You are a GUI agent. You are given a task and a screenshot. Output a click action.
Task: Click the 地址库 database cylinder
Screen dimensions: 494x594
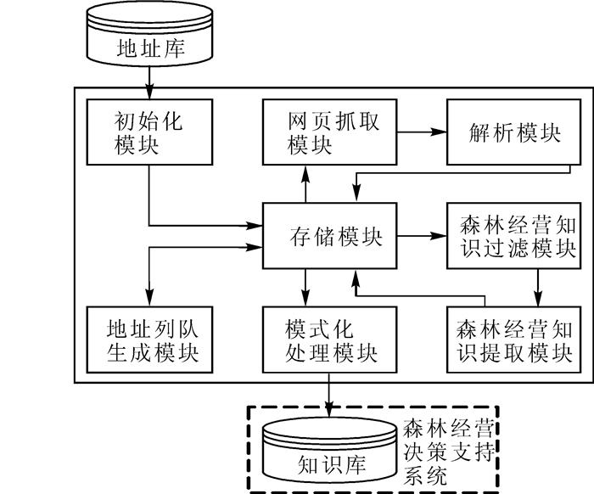click(x=148, y=40)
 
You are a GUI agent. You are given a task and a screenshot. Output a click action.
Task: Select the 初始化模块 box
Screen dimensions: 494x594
click(x=148, y=132)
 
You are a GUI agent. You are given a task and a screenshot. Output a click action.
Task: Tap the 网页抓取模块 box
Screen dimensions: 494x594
click(x=329, y=132)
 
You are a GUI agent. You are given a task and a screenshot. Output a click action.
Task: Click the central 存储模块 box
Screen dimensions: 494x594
click(x=328, y=236)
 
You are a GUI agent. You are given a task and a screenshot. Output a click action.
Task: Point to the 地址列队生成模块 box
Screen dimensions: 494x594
click(x=148, y=339)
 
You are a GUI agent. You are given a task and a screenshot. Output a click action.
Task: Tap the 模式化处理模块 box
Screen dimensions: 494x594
click(x=328, y=339)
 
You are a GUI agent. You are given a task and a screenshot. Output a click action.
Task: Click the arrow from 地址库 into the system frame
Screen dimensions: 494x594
click(x=148, y=79)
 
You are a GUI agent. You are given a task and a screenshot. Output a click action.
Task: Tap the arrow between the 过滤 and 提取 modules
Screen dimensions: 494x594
click(x=536, y=289)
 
